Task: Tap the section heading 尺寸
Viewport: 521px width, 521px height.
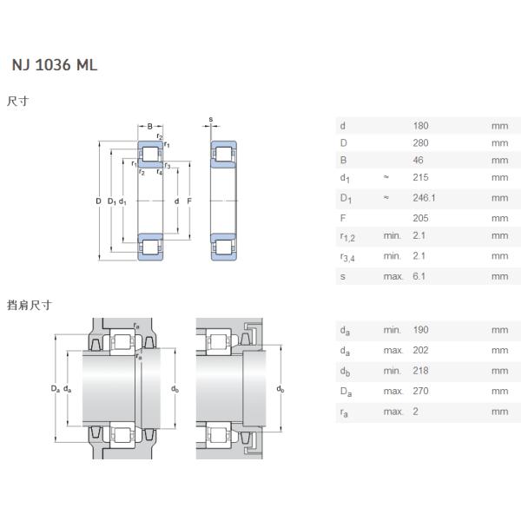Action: point(18,102)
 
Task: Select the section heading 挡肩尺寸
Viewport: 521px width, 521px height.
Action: point(30,305)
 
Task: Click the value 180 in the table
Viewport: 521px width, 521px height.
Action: point(420,125)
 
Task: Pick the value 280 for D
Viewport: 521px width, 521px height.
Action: point(420,142)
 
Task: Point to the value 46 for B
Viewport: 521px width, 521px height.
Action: point(418,160)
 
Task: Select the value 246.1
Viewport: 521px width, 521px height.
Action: point(424,197)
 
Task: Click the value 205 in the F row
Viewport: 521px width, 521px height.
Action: point(420,218)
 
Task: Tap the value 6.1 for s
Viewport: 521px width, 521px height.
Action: point(419,276)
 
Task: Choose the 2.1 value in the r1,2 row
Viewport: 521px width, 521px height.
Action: point(419,235)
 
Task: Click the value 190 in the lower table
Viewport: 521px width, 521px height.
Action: point(420,330)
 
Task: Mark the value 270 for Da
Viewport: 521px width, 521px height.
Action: point(420,392)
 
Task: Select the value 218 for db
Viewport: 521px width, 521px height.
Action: point(420,371)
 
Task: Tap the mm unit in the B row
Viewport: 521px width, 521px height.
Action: point(498,160)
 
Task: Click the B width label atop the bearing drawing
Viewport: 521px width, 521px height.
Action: point(149,126)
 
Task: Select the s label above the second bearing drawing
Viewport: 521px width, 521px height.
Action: point(210,119)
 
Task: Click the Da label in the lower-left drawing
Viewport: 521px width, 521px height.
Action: point(55,388)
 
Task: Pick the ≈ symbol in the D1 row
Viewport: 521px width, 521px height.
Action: point(386,197)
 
